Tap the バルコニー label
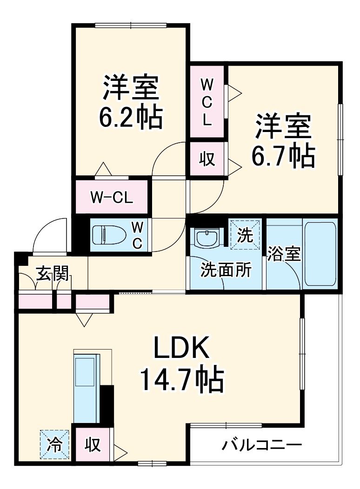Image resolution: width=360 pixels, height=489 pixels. tap(261, 445)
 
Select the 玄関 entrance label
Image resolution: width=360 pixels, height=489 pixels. tap(53, 274)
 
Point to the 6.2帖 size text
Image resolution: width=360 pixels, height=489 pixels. tap(130, 118)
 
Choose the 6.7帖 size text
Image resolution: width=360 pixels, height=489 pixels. tap(283, 157)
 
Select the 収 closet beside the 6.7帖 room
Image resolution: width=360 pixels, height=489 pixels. tap(207, 159)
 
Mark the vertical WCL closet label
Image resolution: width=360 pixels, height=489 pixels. tap(207, 102)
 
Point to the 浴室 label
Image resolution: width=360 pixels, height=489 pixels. tap(284, 255)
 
